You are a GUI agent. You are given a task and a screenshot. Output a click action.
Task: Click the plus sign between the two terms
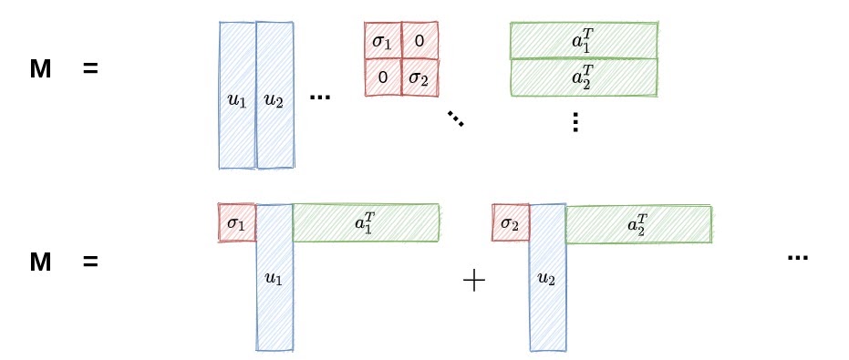click(473, 282)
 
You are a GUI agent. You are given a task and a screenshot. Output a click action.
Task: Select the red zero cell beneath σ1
click(383, 78)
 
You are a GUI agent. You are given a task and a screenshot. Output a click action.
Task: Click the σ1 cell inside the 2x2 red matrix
click(383, 41)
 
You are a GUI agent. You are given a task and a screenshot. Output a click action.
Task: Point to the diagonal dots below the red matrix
click(455, 118)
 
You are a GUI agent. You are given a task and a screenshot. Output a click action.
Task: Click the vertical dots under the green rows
click(575, 121)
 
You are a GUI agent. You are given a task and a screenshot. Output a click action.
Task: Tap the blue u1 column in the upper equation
click(237, 96)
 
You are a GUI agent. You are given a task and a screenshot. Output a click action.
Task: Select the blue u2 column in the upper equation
click(274, 96)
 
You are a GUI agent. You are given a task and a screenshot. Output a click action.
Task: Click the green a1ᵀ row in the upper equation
click(584, 39)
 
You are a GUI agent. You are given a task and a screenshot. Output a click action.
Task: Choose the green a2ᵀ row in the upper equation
click(584, 77)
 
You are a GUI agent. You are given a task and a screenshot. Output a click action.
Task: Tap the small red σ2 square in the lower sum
click(511, 223)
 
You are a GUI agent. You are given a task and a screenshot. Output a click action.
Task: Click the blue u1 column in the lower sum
click(274, 278)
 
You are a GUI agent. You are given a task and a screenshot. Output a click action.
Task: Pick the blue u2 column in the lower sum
click(547, 278)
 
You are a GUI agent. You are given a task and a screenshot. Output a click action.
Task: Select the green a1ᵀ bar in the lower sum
click(366, 223)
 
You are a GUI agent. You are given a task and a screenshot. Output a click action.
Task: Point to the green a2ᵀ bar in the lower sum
click(638, 223)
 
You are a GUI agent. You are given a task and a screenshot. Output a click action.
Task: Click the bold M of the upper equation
click(40, 68)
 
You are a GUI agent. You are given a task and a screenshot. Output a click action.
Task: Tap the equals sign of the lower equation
click(89, 262)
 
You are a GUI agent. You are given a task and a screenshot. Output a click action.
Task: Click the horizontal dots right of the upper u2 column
click(319, 97)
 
